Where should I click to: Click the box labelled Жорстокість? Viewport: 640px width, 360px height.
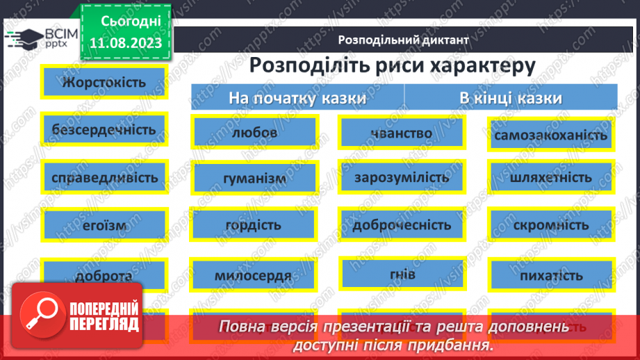coord(104,82)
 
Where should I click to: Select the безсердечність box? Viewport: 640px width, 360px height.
coord(104,129)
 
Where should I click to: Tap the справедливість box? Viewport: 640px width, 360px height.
coord(104,177)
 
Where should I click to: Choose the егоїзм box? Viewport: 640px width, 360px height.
coord(104,225)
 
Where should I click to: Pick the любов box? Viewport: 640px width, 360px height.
coord(255,132)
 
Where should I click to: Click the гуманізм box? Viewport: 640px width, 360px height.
coord(255,178)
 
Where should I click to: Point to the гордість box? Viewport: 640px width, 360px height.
coord(255,225)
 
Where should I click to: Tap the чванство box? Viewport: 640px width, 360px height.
coord(402,132)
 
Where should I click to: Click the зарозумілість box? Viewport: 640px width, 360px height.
coord(402,177)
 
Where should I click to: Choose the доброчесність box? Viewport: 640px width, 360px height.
coord(402,225)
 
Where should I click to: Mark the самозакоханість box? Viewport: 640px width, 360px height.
coord(550,135)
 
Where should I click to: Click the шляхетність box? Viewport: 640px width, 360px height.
coord(550,177)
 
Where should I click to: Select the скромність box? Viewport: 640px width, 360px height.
coord(550,225)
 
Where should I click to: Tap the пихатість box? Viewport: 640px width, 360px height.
coord(550,275)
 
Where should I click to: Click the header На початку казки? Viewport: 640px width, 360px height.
coord(297,98)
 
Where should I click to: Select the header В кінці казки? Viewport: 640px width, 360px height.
coord(511,98)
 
